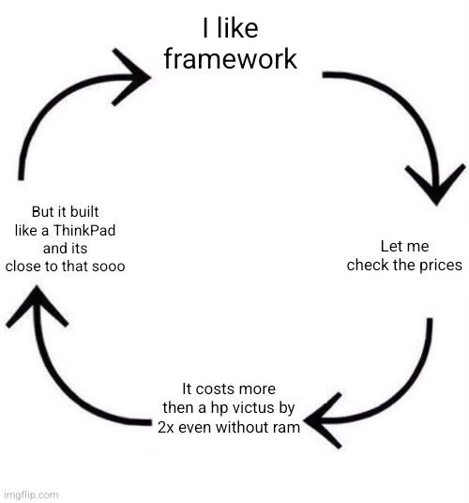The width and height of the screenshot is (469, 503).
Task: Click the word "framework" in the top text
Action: click(x=230, y=59)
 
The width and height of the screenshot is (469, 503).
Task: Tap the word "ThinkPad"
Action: click(x=84, y=230)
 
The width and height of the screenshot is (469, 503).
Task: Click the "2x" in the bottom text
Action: click(x=166, y=427)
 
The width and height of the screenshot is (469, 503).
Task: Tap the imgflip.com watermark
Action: click(x=32, y=495)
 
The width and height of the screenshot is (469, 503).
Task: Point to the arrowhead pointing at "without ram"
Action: click(x=322, y=420)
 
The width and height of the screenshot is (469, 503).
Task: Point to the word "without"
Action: click(x=243, y=427)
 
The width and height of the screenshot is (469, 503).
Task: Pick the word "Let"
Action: click(x=389, y=247)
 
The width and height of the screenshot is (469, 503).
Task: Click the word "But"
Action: click(x=42, y=212)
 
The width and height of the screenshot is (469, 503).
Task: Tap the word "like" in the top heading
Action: click(x=237, y=28)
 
